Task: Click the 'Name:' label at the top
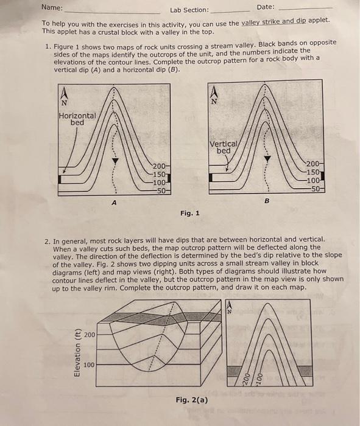(x=52, y=7)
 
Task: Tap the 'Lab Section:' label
(x=189, y=10)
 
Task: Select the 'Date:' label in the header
(x=266, y=7)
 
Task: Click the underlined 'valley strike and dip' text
(x=274, y=22)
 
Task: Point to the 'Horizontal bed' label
(x=77, y=119)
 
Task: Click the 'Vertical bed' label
(x=224, y=147)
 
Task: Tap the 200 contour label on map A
(x=159, y=166)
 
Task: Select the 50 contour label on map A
(x=161, y=190)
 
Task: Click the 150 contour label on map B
(x=313, y=172)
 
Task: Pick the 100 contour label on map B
(x=313, y=180)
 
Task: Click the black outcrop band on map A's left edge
(x=60, y=180)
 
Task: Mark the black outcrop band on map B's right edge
(x=322, y=176)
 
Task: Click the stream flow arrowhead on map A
(x=115, y=161)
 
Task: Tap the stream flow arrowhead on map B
(x=267, y=159)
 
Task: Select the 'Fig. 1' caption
(x=190, y=213)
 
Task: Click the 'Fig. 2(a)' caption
(x=192, y=400)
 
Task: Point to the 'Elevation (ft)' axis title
(x=77, y=352)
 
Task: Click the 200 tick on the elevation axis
(x=90, y=335)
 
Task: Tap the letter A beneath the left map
(x=114, y=203)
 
